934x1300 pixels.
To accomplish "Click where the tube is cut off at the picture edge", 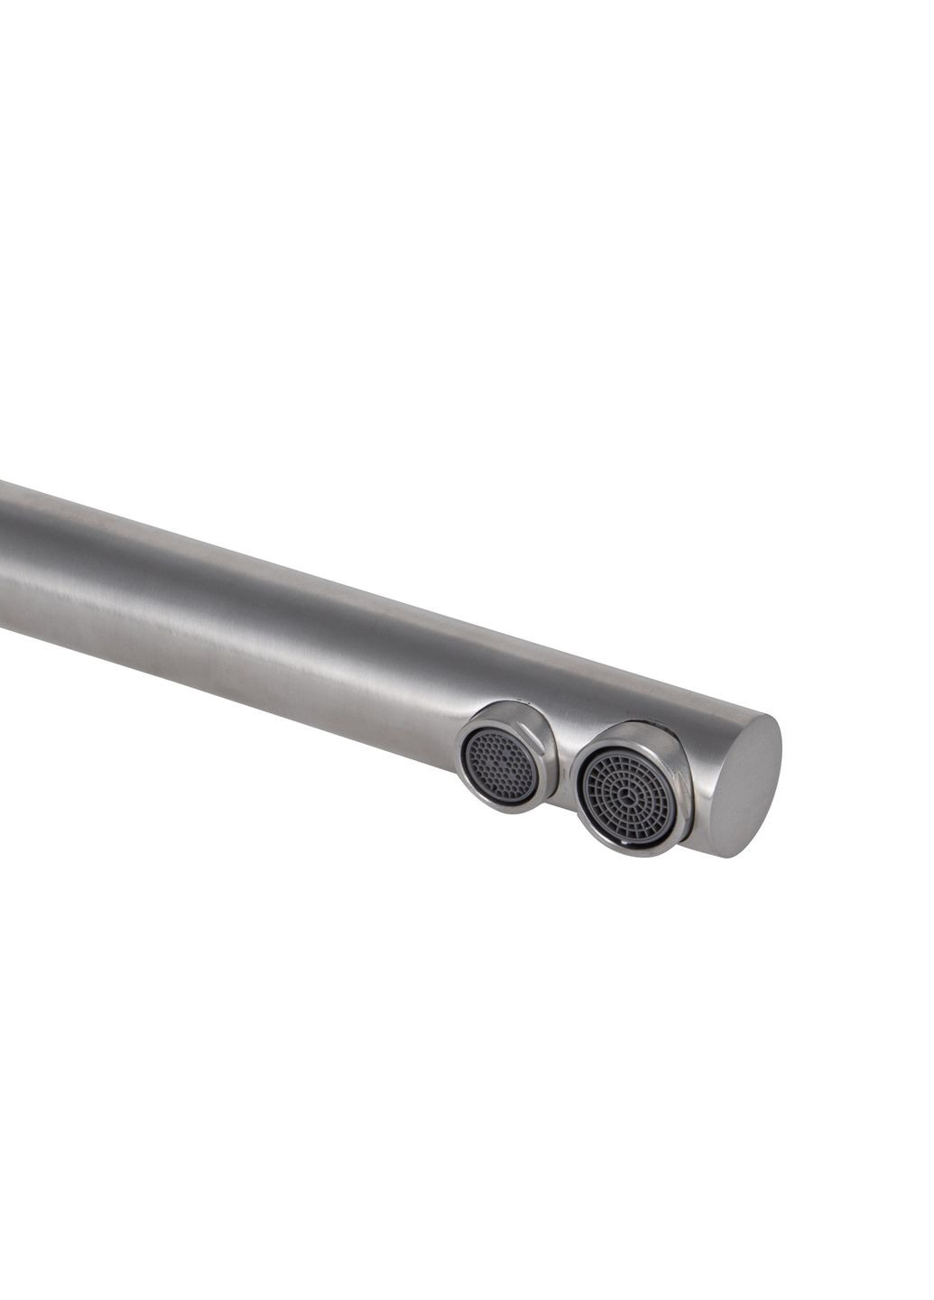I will [x=3, y=560].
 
